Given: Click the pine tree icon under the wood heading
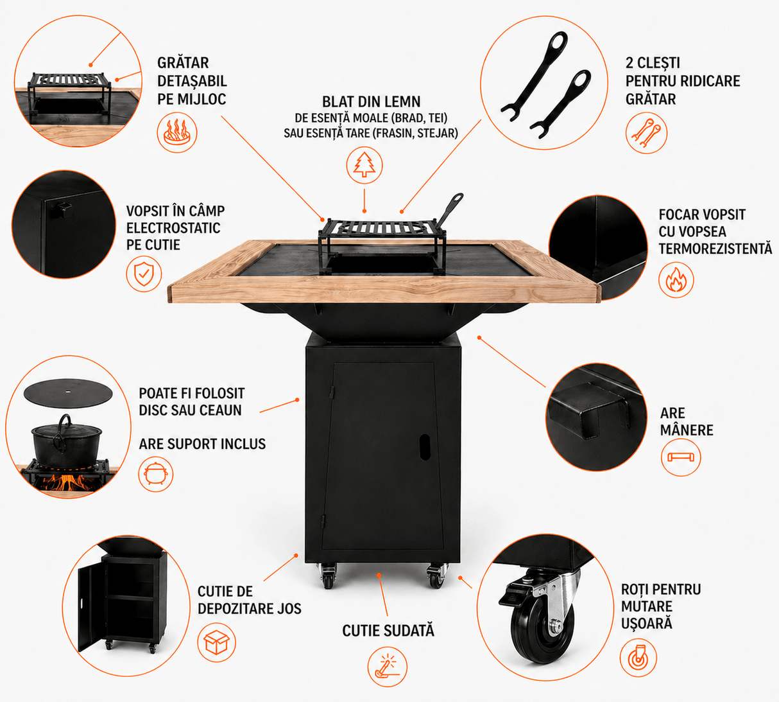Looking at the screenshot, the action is click(x=364, y=165).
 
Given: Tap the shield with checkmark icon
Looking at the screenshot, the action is click(x=144, y=274).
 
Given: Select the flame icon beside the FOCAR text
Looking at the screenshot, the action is click(x=676, y=280).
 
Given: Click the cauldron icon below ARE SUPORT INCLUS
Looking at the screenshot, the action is click(x=156, y=474).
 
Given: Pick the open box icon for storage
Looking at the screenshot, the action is click(x=216, y=642).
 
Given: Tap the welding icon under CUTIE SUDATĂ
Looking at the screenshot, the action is click(x=387, y=667).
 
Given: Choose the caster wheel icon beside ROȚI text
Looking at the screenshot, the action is click(x=638, y=658).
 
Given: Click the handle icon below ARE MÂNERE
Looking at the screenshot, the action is click(x=680, y=457).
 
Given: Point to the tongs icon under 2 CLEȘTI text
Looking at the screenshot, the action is click(x=646, y=133).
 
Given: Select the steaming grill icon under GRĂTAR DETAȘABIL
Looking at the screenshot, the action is click(x=177, y=132).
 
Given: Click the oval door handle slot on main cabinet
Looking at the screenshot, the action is click(x=425, y=447).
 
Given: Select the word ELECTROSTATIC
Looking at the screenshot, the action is click(x=173, y=228).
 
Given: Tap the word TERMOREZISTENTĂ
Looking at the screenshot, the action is click(x=715, y=248).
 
